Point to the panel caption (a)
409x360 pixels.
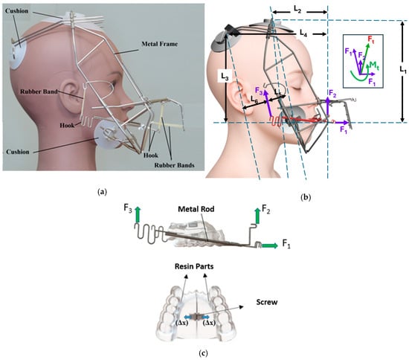[x=103, y=192]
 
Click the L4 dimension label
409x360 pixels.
[x=302, y=33]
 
